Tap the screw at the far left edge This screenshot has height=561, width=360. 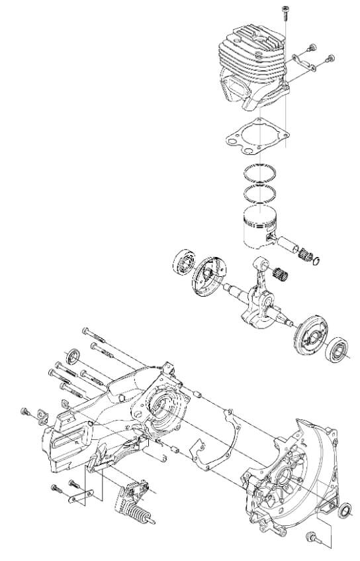point(25,412)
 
